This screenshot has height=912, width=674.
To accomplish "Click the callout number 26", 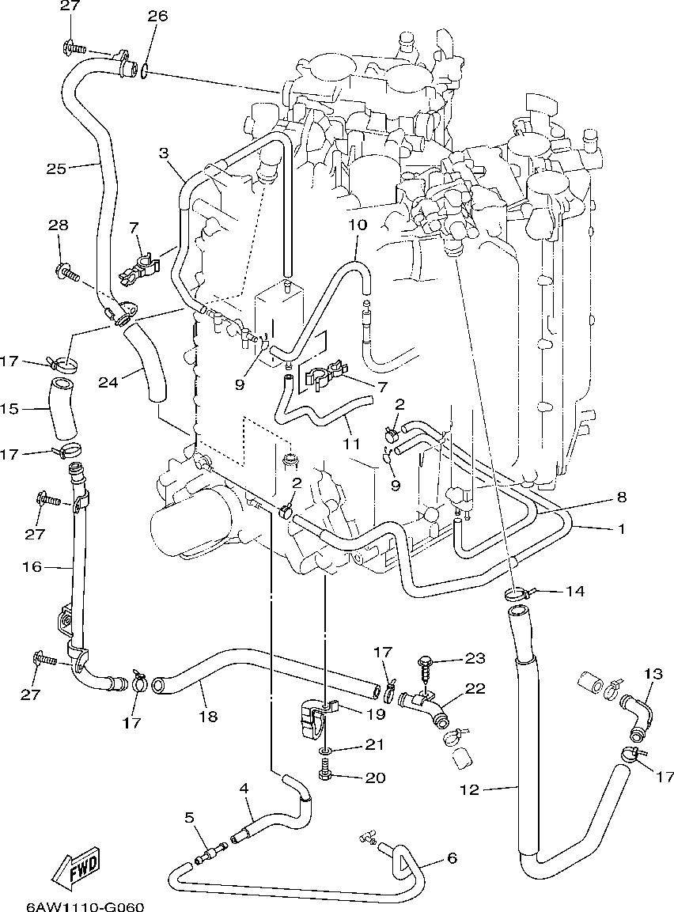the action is point(157,16).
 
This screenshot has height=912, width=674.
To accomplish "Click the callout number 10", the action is point(358,225).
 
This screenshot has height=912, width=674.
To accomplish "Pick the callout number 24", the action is point(108,382).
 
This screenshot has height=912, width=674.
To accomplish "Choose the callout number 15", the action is point(10,409).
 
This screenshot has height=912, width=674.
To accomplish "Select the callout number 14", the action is point(574,592).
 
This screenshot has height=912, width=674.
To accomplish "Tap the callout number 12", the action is point(469,789).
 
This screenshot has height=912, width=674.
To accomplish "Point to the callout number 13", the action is point(653,674).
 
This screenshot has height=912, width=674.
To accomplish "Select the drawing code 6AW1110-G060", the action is point(85,906).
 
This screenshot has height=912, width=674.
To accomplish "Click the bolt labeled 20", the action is point(324,774).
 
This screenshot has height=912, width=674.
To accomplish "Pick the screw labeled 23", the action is point(426,668).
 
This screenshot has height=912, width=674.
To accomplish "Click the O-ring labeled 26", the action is point(144,71).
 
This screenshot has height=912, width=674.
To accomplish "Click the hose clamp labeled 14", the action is point(517,594).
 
